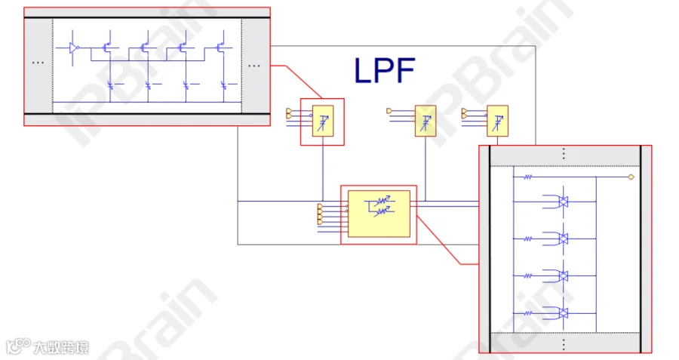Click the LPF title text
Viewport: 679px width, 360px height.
point(385,70)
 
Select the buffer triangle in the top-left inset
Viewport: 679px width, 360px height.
point(74,48)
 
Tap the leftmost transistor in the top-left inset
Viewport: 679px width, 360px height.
point(108,47)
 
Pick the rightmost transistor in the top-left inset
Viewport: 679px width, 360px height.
point(221,47)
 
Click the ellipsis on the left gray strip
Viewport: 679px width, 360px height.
point(38,63)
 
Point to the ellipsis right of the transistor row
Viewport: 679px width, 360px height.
point(254,66)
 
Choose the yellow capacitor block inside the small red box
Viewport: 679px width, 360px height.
point(323,121)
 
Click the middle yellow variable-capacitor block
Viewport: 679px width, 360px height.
point(426,121)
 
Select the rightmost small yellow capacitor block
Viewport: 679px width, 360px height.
point(498,121)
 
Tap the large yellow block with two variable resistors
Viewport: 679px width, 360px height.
point(379,214)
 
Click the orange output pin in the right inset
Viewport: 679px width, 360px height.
point(631,177)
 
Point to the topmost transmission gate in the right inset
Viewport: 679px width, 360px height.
point(563,202)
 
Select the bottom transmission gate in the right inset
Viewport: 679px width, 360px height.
point(563,312)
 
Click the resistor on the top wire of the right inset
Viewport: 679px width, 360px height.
point(527,177)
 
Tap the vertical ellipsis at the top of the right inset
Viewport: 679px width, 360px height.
point(564,154)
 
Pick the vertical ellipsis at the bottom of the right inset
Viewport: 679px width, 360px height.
point(564,344)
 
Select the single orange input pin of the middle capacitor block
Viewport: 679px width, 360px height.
point(389,111)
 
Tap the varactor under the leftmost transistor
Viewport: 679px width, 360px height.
point(110,85)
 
